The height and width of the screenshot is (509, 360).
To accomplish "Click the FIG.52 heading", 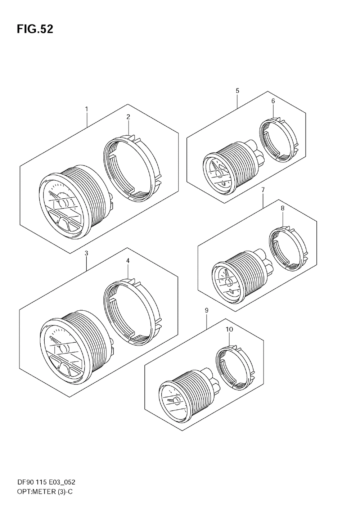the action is [35, 29].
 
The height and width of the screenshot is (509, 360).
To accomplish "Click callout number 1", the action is [86, 109].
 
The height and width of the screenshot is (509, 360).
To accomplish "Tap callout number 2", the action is [128, 117].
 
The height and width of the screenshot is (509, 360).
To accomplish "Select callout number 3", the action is [86, 253].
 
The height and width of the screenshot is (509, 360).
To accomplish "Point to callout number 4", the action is [128, 261].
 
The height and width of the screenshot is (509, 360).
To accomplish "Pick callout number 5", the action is [238, 91].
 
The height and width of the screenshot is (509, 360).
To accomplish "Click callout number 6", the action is [273, 101].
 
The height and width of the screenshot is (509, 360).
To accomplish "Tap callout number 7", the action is [263, 190].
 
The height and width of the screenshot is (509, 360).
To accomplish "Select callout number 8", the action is [283, 208].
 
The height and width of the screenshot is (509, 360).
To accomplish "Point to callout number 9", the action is [207, 310].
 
